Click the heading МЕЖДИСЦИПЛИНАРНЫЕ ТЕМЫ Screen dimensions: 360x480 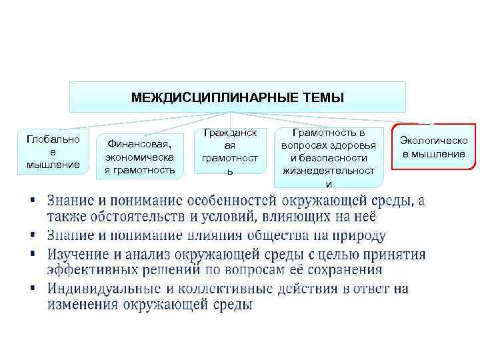pos(238,97)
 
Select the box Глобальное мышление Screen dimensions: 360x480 pos(53,151)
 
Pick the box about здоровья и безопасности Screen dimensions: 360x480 pos(328,157)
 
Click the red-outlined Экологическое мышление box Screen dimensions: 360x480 pos(433,147)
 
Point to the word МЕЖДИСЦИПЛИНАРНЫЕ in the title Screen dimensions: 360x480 pos(211,98)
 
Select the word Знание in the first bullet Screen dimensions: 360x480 pos(73,201)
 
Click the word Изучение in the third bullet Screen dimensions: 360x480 pos(80,254)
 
